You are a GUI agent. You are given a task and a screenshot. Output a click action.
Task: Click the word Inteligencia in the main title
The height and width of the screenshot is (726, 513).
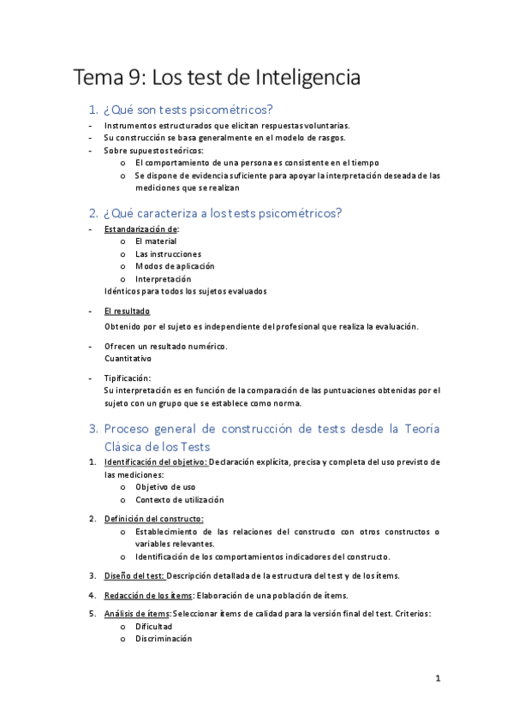308,79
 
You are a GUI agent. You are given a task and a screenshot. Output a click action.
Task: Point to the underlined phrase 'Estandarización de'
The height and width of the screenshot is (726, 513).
141,229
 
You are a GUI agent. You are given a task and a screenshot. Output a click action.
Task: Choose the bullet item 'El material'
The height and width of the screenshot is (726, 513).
155,241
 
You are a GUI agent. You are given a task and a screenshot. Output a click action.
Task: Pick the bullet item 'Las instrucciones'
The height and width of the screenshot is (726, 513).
168,254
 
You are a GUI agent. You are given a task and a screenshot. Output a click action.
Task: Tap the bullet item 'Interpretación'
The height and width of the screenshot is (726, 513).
163,279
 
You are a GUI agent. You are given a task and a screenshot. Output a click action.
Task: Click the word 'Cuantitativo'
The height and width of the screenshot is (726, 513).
128,359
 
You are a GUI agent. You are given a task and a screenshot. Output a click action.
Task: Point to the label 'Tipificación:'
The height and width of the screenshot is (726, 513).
128,378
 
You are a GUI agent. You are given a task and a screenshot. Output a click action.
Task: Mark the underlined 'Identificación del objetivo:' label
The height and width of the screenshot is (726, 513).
155,462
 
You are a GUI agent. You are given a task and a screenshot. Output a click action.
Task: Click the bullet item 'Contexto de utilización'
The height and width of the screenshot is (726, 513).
179,499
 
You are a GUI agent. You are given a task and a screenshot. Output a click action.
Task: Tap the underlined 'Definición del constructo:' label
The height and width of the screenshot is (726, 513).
153,519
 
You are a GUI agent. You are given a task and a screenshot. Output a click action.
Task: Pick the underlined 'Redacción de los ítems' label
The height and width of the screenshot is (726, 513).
148,594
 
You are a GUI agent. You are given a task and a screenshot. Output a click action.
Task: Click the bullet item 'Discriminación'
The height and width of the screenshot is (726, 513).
164,639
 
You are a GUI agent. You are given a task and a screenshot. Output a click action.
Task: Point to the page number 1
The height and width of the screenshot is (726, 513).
438,680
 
